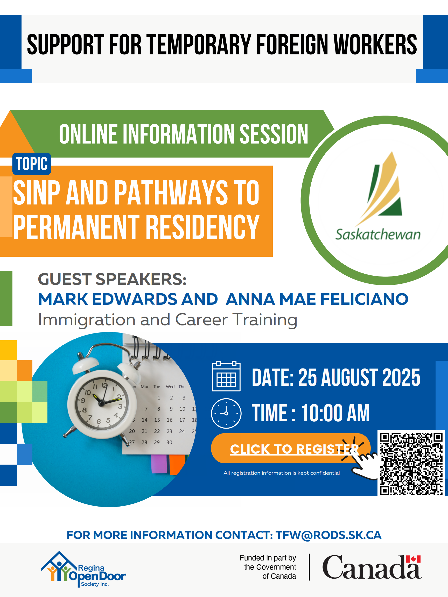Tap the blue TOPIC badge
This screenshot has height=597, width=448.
32,164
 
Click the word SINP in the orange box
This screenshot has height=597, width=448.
37,193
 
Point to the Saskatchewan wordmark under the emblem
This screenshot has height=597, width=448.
378,234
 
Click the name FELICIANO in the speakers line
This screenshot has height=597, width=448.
364,299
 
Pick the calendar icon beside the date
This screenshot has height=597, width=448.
226,376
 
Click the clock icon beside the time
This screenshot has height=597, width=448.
226,413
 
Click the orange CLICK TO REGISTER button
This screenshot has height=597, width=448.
290,448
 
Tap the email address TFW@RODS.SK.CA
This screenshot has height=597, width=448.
328,535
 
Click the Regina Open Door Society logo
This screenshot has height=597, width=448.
83,569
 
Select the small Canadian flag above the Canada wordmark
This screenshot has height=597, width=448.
413,559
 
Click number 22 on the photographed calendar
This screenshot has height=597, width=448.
157,431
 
